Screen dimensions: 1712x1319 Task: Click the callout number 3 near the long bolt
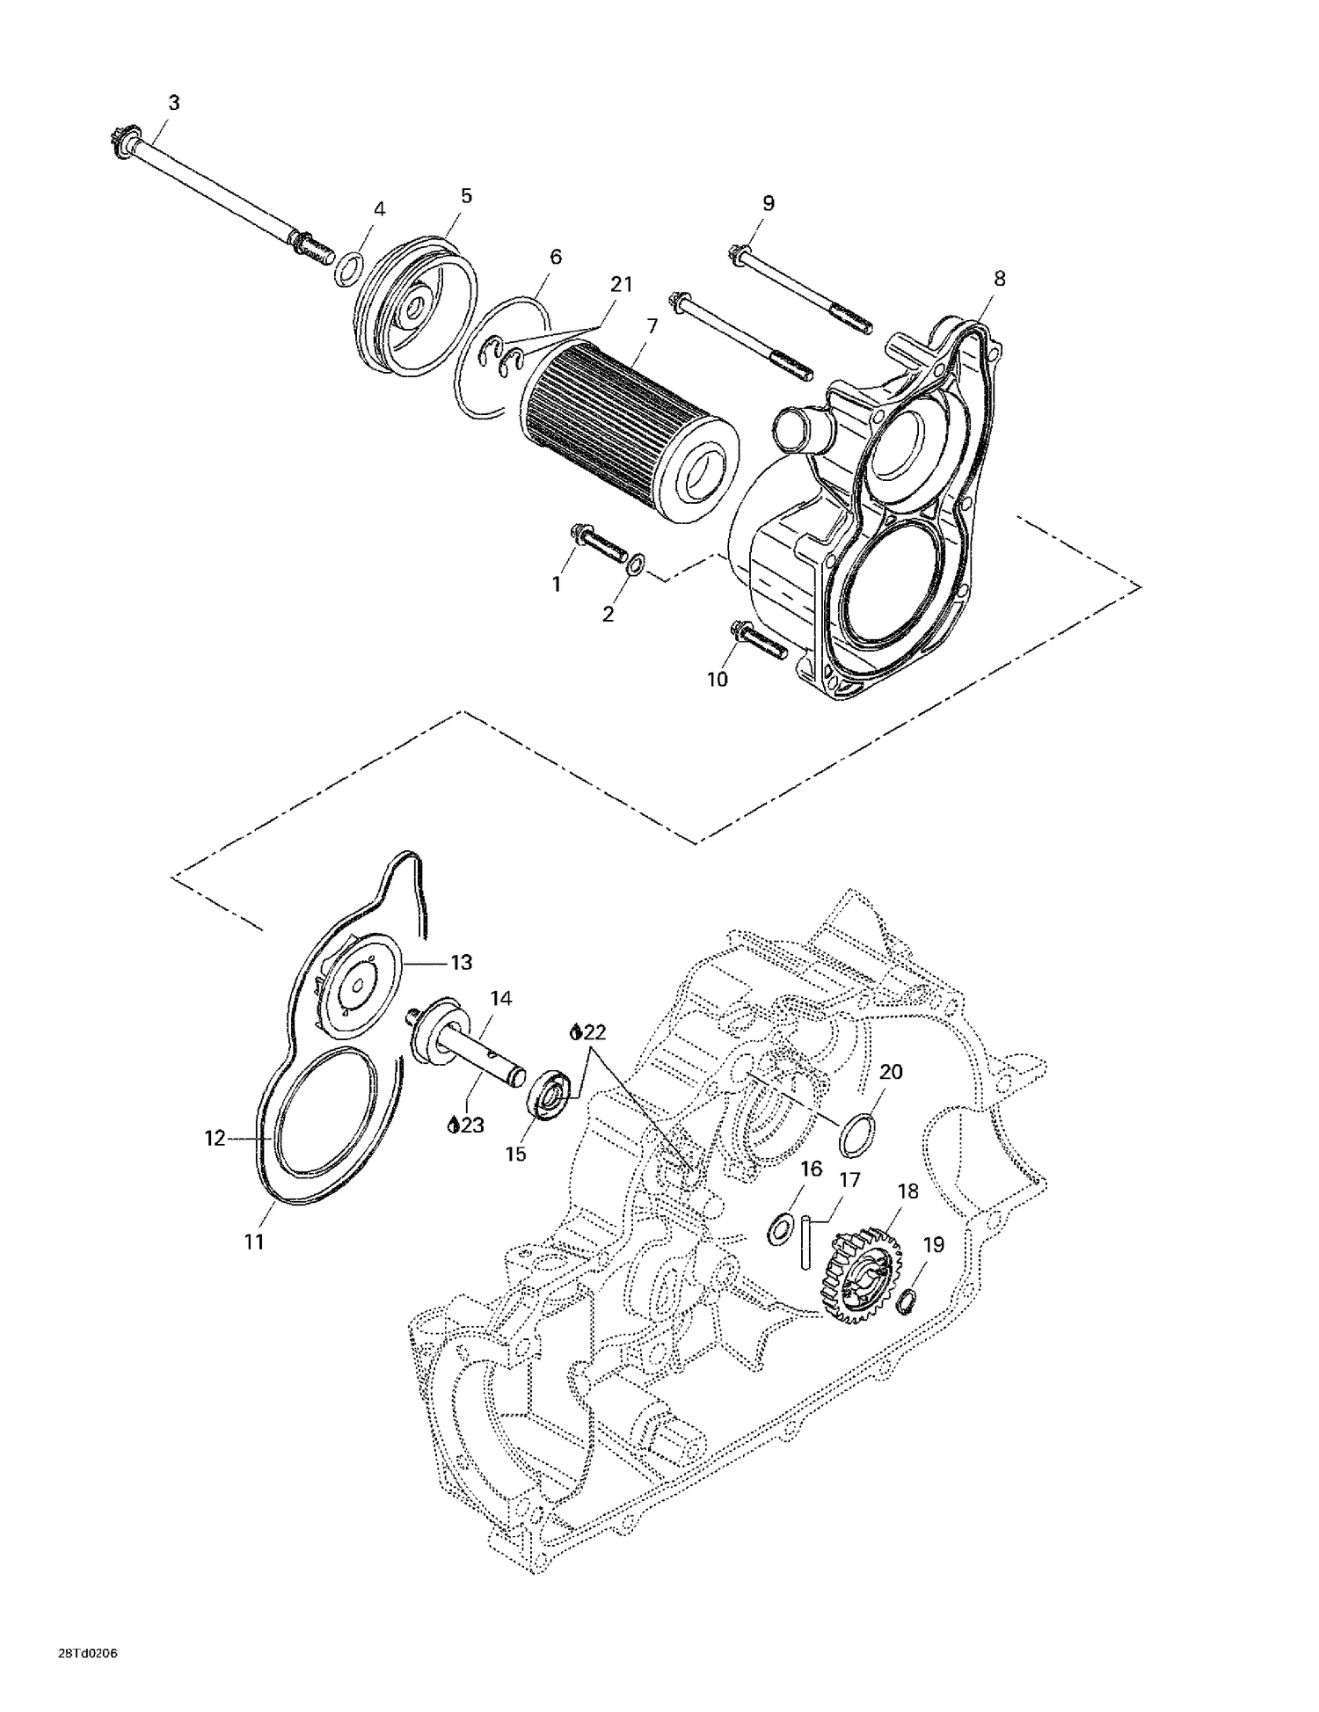174,103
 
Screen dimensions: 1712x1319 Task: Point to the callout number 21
622,284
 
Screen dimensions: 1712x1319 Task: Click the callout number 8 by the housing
999,279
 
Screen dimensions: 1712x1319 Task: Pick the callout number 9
768,203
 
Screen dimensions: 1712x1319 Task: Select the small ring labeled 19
907,1300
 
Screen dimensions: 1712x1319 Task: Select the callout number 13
461,963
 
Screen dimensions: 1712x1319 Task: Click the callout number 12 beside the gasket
215,1138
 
